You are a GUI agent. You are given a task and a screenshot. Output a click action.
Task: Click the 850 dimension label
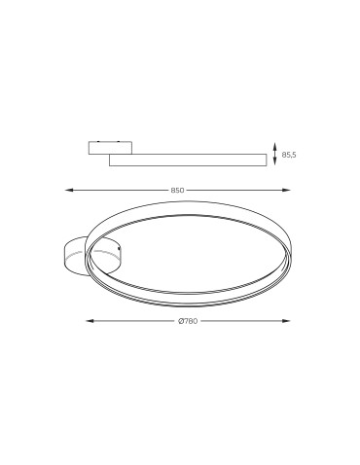[x=179, y=190]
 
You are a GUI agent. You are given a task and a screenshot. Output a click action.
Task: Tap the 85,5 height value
[x=288, y=155]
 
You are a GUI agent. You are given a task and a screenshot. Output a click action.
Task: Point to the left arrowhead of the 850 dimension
[x=67, y=190]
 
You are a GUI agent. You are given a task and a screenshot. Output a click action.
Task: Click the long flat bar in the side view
[x=185, y=159]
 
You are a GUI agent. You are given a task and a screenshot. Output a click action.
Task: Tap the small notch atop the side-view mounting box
[x=100, y=140]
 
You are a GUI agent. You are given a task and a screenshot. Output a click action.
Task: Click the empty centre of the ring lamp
[x=190, y=249]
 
